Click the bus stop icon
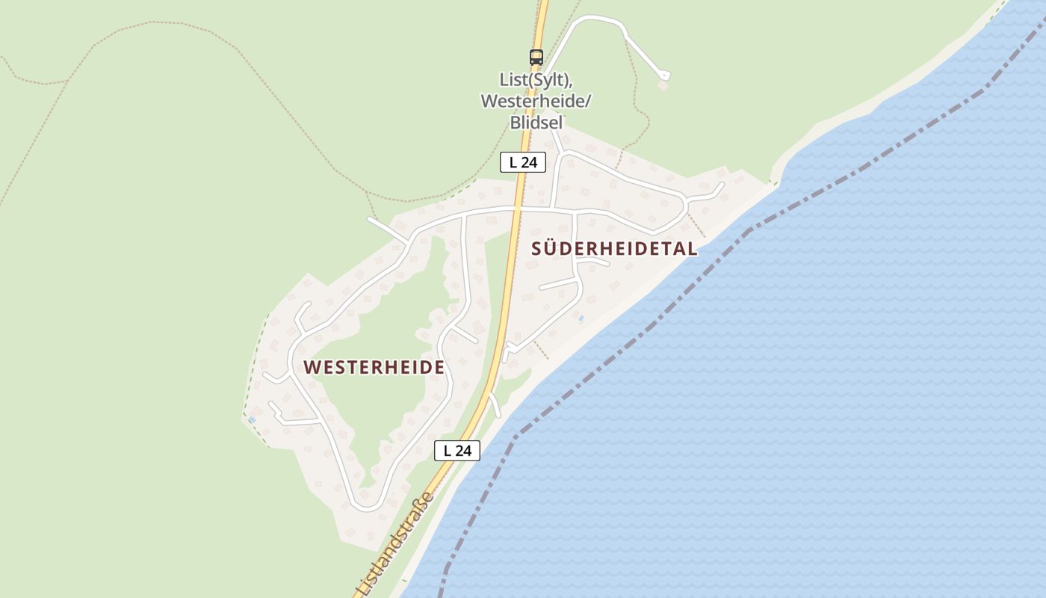pos(536,57)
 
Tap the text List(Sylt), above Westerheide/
pos(535,80)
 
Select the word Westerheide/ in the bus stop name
pos(535,101)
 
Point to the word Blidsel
pos(535,122)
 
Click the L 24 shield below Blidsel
pos(523,162)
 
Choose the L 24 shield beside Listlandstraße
pos(457,450)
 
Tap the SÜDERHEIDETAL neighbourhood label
pos(614,249)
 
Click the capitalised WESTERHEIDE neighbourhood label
pos(374,367)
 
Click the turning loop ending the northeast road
pos(664,75)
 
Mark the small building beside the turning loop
pos(663,86)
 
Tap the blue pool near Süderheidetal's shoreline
pos(581,319)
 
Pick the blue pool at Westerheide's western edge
pos(252,419)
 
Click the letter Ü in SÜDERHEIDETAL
pos(551,249)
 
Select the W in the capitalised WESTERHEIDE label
pos(312,367)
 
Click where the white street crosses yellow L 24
pos(514,209)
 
